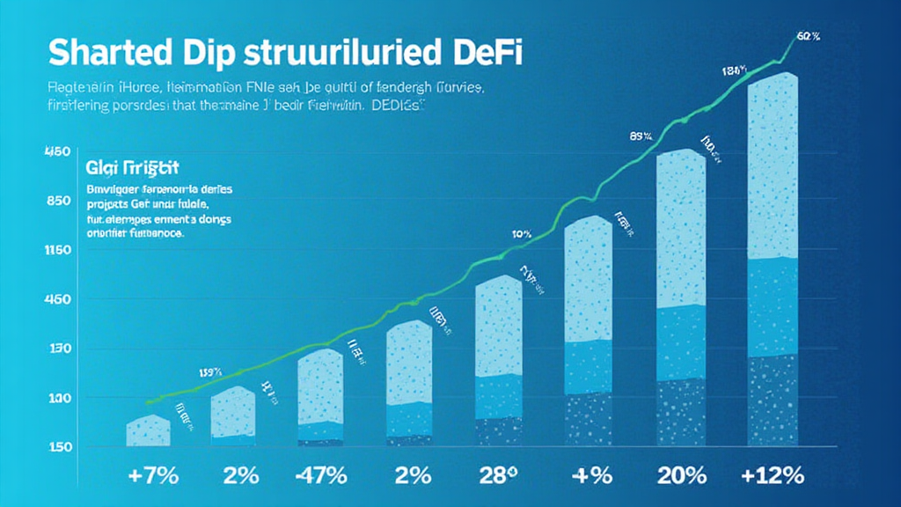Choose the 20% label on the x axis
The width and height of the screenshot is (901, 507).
click(x=681, y=476)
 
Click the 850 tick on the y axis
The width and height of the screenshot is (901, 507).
click(x=57, y=201)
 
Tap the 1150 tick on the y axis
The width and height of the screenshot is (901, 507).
click(x=57, y=251)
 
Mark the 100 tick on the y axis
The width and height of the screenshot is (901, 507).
click(x=57, y=399)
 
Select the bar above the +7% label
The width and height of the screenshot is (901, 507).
click(x=148, y=430)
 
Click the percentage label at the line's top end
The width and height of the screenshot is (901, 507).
click(x=808, y=36)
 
